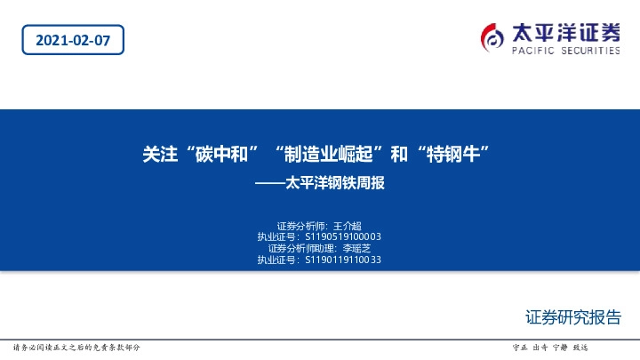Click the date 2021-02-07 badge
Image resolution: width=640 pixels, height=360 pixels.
(x=72, y=39)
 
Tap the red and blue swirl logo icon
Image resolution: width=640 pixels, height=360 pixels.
(x=492, y=36)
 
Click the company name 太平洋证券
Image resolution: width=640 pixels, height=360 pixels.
(x=565, y=33)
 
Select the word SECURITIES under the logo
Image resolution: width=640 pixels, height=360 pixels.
(x=588, y=52)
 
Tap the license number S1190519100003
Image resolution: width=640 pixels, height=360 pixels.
(x=343, y=237)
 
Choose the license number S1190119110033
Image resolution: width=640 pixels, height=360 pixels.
(x=343, y=260)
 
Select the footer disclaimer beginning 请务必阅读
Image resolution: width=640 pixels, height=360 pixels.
(x=76, y=347)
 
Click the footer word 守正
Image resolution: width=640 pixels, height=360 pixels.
(x=521, y=347)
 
